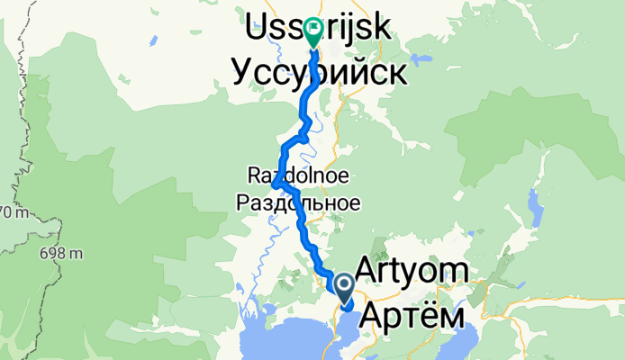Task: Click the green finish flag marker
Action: coord(313,33)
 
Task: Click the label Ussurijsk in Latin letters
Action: coord(318,29)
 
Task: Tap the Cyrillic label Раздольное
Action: coord(298,202)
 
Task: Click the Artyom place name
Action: coord(412,270)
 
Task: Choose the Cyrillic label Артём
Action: coord(414,318)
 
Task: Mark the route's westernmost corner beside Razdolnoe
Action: coord(273,184)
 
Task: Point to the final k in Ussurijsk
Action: coord(381,30)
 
